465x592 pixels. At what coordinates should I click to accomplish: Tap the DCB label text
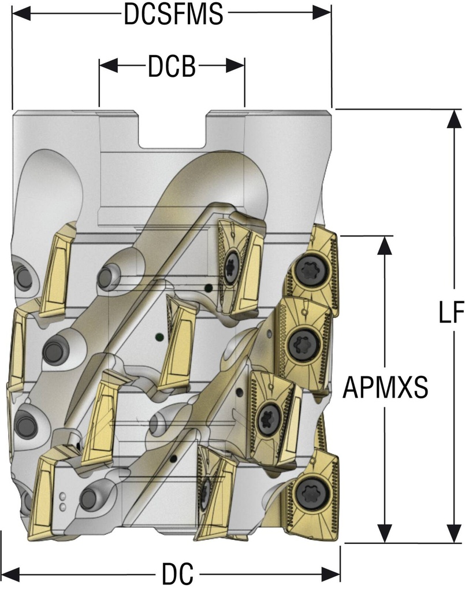(172, 67)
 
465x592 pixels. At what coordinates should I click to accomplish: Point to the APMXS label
(385, 388)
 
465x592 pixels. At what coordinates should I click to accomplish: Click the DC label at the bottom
(177, 575)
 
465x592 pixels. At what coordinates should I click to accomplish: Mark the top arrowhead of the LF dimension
(449, 118)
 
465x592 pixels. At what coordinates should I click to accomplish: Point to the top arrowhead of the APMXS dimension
(384, 245)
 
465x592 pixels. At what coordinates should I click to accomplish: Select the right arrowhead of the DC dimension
(333, 575)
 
